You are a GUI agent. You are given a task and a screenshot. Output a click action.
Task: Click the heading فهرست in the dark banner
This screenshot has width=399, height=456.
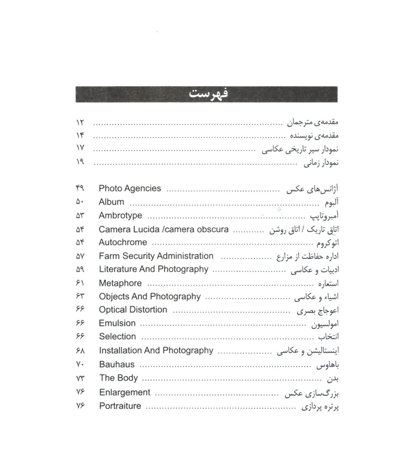(x=208, y=94)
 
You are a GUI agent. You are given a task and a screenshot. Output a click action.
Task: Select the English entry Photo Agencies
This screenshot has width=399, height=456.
(x=130, y=188)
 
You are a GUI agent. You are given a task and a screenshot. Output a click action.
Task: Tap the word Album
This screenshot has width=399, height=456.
(x=111, y=202)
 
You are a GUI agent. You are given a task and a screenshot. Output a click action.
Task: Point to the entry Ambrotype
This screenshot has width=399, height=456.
(x=120, y=216)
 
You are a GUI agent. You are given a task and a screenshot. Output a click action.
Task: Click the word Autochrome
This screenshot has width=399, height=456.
(x=123, y=242)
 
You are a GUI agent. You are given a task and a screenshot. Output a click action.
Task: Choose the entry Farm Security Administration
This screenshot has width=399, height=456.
(x=156, y=256)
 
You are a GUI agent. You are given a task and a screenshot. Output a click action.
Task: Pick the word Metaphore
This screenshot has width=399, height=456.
(x=120, y=283)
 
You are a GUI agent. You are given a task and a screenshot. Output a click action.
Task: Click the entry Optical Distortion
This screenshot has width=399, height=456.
(x=133, y=310)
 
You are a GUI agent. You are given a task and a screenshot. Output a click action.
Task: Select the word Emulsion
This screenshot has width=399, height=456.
(x=117, y=323)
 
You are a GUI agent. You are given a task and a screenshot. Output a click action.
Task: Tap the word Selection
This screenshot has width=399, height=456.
(x=117, y=337)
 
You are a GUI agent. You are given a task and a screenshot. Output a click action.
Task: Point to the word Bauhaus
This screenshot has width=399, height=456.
(x=117, y=364)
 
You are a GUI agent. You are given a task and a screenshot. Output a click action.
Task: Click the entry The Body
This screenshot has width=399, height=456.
(x=118, y=378)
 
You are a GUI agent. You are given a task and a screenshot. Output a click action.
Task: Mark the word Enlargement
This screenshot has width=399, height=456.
(x=125, y=393)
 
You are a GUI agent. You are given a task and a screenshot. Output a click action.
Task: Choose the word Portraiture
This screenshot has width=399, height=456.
(x=120, y=406)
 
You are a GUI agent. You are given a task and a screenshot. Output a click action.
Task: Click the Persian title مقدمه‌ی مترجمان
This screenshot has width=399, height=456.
(x=313, y=122)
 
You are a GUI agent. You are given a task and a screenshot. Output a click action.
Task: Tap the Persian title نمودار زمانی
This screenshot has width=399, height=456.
(x=321, y=163)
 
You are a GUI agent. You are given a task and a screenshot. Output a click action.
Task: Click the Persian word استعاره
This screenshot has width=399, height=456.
(x=329, y=284)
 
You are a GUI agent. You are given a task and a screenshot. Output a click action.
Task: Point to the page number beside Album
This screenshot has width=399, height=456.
(x=80, y=202)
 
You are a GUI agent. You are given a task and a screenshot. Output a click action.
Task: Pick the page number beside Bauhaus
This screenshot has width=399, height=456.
(x=80, y=364)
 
